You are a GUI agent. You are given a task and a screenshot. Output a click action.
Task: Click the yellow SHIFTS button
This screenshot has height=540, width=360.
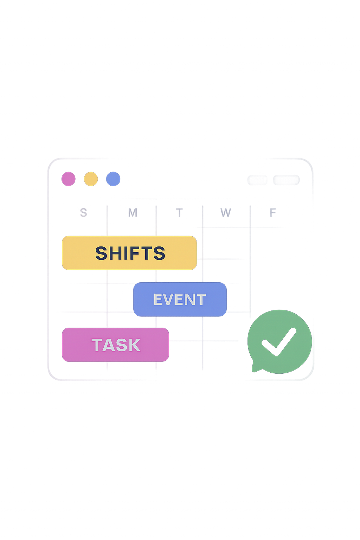coord(129,253)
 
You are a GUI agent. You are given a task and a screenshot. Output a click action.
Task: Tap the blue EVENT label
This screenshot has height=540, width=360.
coord(180,299)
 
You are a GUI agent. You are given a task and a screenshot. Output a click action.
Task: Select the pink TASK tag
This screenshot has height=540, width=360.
coord(115,345)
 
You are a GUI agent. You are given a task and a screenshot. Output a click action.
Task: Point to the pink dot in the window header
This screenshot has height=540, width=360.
coord(69,179)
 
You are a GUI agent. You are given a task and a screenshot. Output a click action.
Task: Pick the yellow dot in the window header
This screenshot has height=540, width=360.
coord(91,179)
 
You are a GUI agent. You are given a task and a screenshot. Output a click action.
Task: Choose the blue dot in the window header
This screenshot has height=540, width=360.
coord(113,179)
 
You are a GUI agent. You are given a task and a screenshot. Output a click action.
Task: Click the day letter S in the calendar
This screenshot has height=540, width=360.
coord(83,213)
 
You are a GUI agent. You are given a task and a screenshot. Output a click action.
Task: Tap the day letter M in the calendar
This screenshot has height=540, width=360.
coord(133,213)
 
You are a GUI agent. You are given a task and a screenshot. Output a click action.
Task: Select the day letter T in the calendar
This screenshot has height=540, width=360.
coord(179,213)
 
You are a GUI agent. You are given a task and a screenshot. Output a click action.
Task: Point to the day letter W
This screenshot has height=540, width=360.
coord(225,213)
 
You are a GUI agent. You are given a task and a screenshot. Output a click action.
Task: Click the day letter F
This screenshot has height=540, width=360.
coord(272,213)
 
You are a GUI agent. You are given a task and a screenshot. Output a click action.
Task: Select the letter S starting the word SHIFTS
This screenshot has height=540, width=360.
coord(101,253)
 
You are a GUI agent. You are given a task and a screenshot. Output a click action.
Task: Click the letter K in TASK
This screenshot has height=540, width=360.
coord(134,345)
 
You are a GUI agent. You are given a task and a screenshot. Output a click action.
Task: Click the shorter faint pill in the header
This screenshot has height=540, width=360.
coord(257,180)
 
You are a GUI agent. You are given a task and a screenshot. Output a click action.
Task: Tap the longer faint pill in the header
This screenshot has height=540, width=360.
coord(287,180)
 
